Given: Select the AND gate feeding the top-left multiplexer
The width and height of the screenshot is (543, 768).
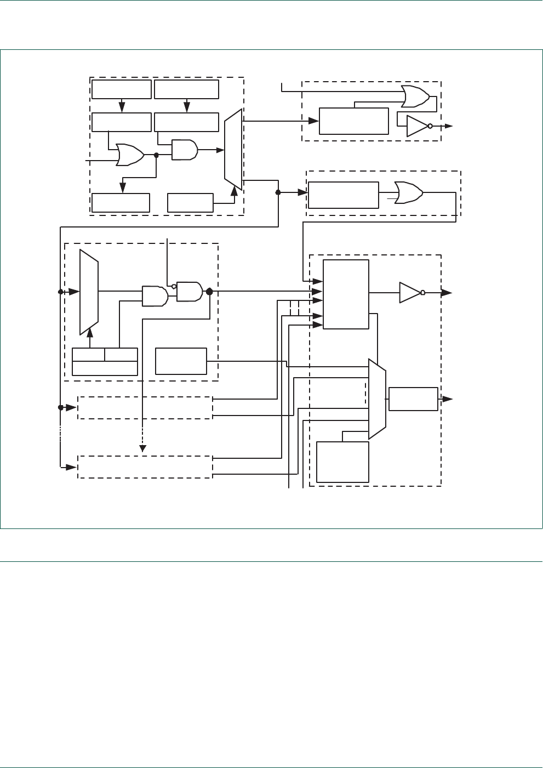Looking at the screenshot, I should pyautogui.click(x=185, y=150).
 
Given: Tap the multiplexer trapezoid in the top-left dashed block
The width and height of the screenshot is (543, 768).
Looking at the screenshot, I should pyautogui.click(x=233, y=150).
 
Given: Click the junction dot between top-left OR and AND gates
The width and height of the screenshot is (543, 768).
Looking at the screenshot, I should pyautogui.click(x=156, y=155).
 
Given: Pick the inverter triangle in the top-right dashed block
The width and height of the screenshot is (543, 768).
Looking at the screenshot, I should pyautogui.click(x=417, y=126).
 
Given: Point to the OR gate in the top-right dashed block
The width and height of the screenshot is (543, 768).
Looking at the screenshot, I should pyautogui.click(x=415, y=96).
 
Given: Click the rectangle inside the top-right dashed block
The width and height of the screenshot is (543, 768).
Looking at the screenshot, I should pyautogui.click(x=353, y=121).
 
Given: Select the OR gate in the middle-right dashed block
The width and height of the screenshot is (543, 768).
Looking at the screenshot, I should pyautogui.click(x=408, y=193).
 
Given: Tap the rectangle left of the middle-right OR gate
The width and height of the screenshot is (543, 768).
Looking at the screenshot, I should pyautogui.click(x=343, y=195).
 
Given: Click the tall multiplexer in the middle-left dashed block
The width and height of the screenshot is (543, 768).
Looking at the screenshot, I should pyautogui.click(x=89, y=292).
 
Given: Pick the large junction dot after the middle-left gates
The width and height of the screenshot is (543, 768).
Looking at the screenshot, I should pyautogui.click(x=209, y=292).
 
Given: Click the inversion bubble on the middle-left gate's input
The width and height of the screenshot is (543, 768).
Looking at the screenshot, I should pyautogui.click(x=174, y=286).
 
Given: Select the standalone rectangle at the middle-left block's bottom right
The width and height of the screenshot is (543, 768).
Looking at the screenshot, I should pyautogui.click(x=181, y=361).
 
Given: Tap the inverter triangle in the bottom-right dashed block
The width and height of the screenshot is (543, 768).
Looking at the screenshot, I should pyautogui.click(x=410, y=293).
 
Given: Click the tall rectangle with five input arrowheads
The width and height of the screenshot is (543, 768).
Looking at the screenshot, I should pyautogui.click(x=346, y=294).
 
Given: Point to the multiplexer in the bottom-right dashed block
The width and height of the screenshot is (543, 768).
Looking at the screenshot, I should pyautogui.click(x=377, y=399).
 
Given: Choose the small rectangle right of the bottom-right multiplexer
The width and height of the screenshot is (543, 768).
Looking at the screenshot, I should pyautogui.click(x=413, y=399).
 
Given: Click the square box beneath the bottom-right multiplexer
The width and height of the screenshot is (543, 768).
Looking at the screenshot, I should pyautogui.click(x=342, y=462).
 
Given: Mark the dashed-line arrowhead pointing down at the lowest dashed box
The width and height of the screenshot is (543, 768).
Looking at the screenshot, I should pyautogui.click(x=142, y=448).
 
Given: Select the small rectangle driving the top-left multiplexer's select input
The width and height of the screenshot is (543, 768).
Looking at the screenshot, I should pyautogui.click(x=190, y=203).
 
